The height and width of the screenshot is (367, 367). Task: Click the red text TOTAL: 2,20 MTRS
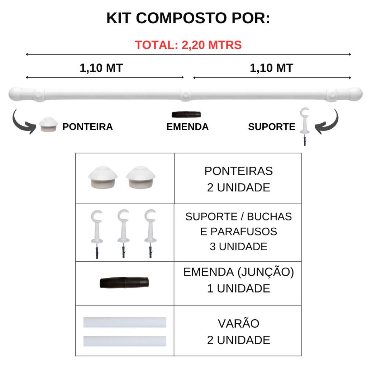pos(188,45)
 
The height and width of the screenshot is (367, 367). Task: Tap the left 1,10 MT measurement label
pos(101,68)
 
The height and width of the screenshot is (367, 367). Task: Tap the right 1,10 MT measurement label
pos(271,68)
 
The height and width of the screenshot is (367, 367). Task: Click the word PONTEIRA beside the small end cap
pos(87,127)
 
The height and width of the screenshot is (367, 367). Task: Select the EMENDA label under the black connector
pos(187,127)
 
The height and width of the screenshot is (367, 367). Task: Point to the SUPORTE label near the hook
pos(272,127)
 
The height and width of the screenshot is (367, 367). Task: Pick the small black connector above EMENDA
pos(186,114)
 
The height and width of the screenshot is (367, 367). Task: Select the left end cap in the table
pos(103,177)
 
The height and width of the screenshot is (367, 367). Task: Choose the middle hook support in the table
pos(123,233)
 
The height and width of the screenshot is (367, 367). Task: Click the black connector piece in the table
pos(124,283)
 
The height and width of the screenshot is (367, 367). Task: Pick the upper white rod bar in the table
pos(125,322)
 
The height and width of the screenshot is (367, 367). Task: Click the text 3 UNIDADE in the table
pos(238,247)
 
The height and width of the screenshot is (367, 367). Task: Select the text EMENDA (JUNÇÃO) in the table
pos(238,272)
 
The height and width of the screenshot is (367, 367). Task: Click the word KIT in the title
pos(119,18)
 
